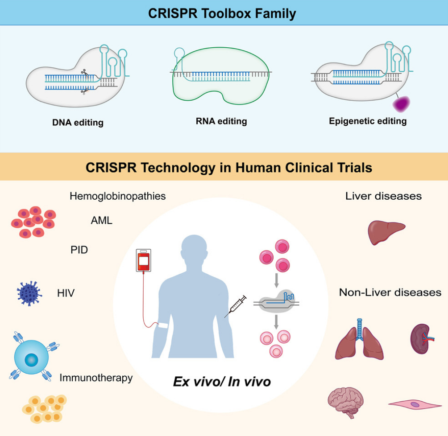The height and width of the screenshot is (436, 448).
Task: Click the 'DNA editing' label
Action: point(78,122)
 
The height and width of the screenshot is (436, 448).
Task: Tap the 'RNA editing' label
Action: point(221,121)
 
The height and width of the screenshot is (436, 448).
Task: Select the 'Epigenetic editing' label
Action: point(368,121)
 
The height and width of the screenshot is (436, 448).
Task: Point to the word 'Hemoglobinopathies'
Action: point(118,196)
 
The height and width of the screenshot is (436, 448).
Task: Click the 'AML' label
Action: point(101,220)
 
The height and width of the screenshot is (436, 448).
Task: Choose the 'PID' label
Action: point(79,250)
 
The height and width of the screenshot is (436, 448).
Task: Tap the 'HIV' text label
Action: point(66,293)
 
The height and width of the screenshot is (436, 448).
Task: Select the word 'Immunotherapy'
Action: point(96,378)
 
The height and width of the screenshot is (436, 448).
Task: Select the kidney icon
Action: point(419,338)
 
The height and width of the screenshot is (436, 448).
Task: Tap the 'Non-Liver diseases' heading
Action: point(390,292)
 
